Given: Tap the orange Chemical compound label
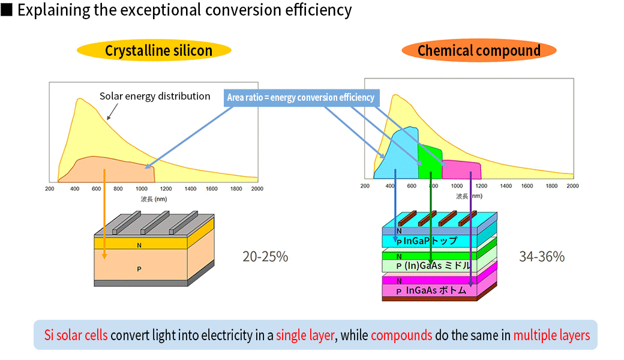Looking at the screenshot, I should coord(479,51).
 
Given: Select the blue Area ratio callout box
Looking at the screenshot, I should coord(301,98).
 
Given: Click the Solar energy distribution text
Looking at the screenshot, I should coord(155,96).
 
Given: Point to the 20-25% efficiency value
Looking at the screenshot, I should coord(265,257).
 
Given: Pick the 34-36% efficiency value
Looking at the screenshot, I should coord(542,257).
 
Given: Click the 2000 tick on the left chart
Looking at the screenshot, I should coord(257,188).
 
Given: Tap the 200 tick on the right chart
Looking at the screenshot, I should coord(365,186).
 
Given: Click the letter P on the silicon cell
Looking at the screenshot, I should coord(139,268).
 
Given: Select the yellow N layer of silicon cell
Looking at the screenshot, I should coord(139,244).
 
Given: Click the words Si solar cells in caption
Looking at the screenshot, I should coord(76,335).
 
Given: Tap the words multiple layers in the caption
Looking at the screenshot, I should coord(551,335).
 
